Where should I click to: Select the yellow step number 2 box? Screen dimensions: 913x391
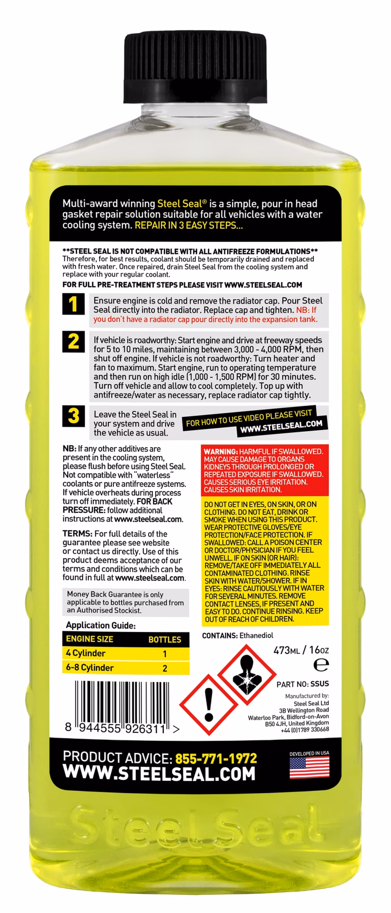[x=73, y=341]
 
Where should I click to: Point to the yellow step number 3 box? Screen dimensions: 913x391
[x=73, y=416]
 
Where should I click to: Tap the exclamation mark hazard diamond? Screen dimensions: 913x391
[x=207, y=705]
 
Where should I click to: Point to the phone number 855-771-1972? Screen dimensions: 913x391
[x=216, y=758]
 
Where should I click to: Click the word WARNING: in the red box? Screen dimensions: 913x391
[x=221, y=452]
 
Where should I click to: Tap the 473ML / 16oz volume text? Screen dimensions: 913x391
[x=301, y=650]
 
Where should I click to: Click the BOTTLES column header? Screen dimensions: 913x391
[x=165, y=640]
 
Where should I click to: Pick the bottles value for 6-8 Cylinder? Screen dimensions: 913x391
[x=165, y=668]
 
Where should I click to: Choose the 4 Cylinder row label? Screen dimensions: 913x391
[x=86, y=653]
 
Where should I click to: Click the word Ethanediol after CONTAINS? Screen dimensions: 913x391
[x=256, y=635]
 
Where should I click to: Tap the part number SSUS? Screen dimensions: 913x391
[x=319, y=684]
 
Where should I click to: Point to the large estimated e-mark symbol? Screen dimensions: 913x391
[x=322, y=664]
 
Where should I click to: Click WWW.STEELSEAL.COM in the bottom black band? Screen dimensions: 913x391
[x=159, y=774]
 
